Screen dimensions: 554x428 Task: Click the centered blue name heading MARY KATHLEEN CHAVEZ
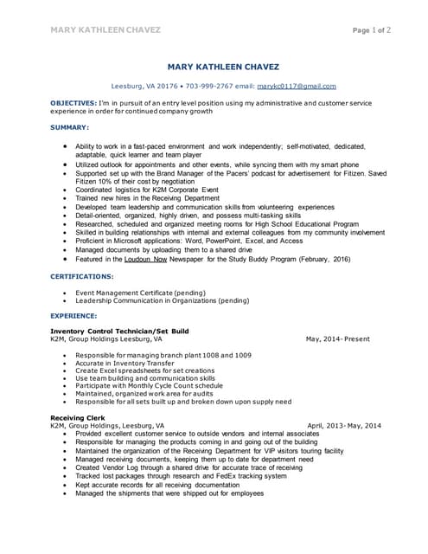pos(224,68)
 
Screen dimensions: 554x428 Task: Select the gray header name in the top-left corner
pos(105,30)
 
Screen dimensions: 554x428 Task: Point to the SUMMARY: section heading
pos(69,127)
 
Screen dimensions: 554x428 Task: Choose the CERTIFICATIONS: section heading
pos(82,276)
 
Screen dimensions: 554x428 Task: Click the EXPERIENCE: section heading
pos(73,317)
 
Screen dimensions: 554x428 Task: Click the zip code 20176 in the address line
pos(164,87)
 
